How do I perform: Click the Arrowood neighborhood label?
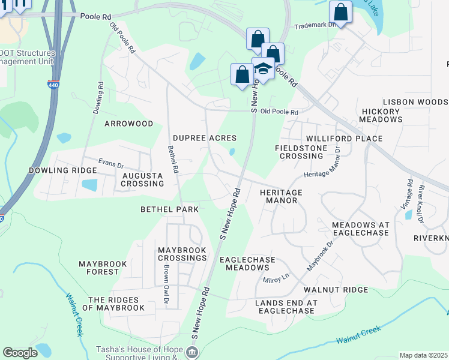(129, 124)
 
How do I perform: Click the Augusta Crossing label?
(142, 179)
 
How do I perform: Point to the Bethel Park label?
(169, 209)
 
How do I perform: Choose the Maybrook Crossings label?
(182, 254)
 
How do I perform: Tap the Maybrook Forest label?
(99, 268)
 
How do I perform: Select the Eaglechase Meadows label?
(247, 263)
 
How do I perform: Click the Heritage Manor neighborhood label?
(281, 196)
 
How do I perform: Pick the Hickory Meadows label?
(381, 115)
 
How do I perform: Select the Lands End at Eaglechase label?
(285, 307)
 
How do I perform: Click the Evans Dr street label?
(111, 163)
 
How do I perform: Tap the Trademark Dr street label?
(313, 26)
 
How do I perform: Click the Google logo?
(20, 353)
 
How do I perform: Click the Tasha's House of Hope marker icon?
(193, 352)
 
